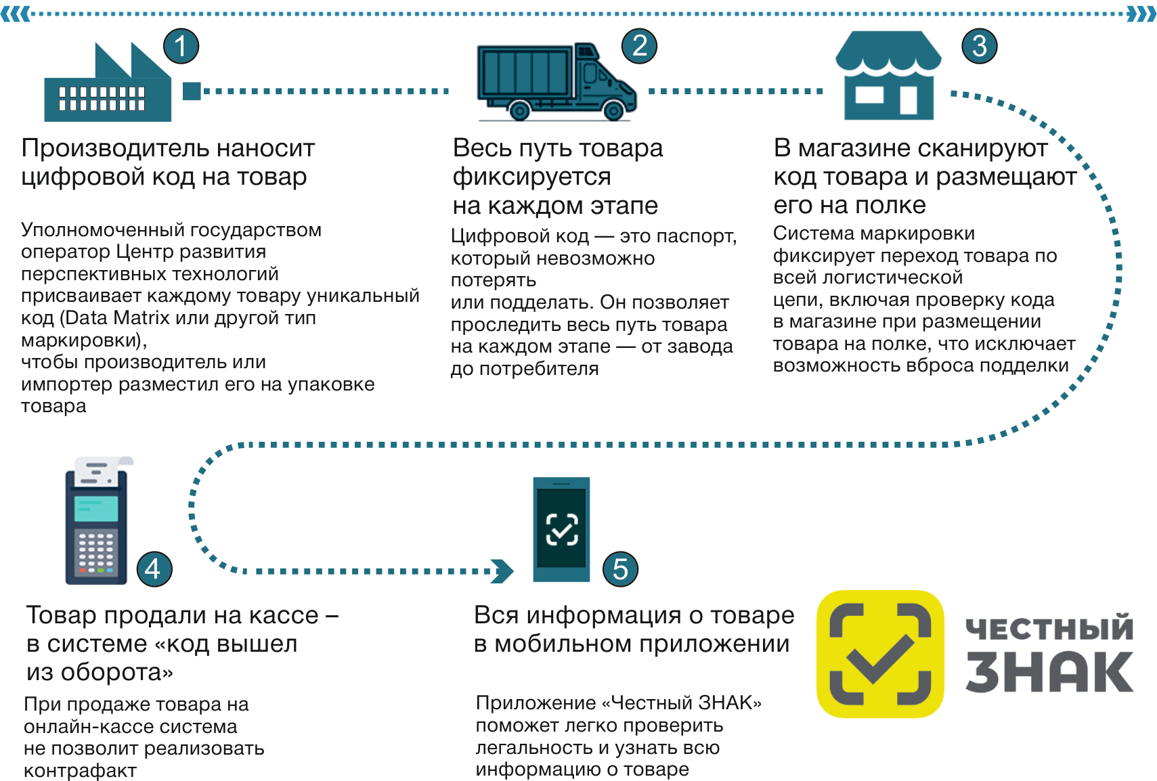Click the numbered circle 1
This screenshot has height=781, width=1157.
[181, 46]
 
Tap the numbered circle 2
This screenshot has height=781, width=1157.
[639, 46]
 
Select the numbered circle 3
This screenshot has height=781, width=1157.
[979, 46]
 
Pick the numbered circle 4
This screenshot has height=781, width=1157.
[154, 569]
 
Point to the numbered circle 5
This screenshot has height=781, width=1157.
[620, 569]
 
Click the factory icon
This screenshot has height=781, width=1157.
[107, 85]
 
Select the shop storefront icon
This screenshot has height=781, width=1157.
[888, 76]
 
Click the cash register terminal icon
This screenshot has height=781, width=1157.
[97, 521]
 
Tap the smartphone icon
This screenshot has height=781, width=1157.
[561, 529]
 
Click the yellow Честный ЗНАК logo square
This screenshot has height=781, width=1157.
[879, 654]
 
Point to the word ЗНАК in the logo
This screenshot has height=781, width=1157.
[1049, 672]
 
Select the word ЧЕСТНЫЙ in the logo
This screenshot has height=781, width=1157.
[1049, 628]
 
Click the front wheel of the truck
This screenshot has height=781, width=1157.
[613, 110]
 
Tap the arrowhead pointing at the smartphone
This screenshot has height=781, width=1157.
[502, 571]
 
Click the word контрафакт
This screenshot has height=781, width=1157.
[80, 771]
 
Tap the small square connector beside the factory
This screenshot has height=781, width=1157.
[192, 91]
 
